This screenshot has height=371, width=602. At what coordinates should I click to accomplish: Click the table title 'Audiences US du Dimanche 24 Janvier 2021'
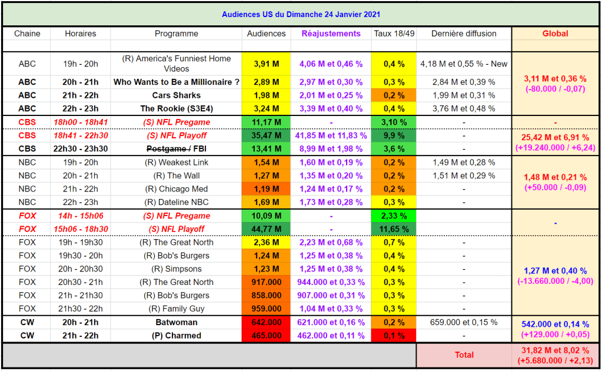point(301,14)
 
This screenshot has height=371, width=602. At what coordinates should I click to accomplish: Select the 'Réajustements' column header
point(331,34)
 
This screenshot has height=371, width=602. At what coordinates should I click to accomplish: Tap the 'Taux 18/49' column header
point(394,34)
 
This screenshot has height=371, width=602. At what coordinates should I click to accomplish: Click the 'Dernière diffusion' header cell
point(464,34)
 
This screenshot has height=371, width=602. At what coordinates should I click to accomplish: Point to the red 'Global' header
point(555,34)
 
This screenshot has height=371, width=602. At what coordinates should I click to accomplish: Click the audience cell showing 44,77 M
point(266,229)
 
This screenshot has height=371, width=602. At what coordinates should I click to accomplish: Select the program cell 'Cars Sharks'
point(176,95)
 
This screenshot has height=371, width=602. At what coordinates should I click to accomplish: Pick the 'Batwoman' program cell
point(176,323)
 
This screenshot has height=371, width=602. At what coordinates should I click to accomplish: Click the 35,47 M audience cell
point(266,135)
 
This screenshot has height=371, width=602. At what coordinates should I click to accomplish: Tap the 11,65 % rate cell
point(394,229)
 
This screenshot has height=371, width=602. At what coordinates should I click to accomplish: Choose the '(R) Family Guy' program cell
point(176,309)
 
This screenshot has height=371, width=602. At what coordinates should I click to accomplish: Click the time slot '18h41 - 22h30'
point(81,135)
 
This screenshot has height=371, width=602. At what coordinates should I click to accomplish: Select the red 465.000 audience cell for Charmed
point(266,336)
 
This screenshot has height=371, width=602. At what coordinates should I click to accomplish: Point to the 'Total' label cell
point(464,355)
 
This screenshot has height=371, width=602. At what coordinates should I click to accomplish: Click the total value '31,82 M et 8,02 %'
point(555,350)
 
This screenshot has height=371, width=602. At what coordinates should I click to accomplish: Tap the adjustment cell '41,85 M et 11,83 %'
point(331,135)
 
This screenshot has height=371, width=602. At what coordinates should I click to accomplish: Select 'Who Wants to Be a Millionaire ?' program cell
point(176,82)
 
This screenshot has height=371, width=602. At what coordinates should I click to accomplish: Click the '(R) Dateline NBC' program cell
point(176,203)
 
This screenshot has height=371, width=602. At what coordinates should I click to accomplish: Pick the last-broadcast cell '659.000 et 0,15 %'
point(464,323)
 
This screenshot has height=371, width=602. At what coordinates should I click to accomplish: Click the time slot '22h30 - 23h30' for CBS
point(81,149)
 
